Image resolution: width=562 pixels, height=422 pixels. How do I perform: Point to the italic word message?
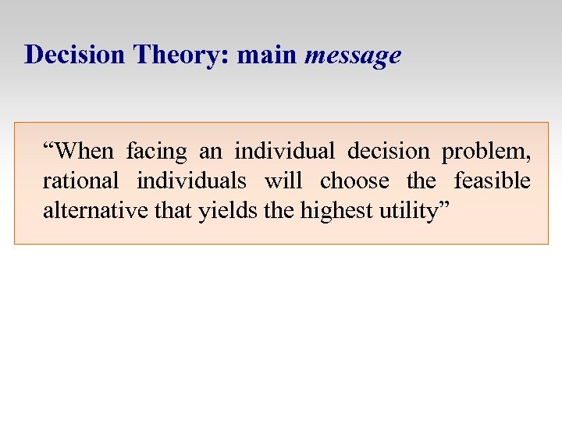(353, 56)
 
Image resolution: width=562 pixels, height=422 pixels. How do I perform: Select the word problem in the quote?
(486, 152)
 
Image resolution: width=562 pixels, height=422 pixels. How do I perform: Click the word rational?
(80, 181)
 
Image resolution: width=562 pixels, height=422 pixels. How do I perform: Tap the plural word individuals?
(191, 181)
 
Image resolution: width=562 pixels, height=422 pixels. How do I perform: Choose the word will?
(283, 181)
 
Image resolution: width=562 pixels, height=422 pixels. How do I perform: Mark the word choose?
(354, 181)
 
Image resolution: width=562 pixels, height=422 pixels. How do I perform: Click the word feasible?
(492, 181)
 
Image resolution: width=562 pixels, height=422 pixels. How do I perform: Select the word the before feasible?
(421, 181)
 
